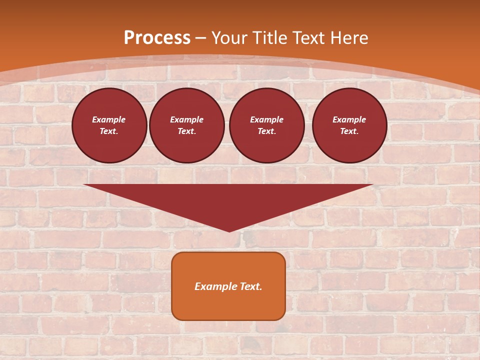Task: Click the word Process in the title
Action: tap(157, 38)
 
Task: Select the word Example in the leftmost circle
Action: tap(109, 119)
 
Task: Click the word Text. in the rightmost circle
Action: tap(349, 131)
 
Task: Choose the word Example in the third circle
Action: tap(267, 119)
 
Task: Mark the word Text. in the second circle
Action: tap(187, 131)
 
